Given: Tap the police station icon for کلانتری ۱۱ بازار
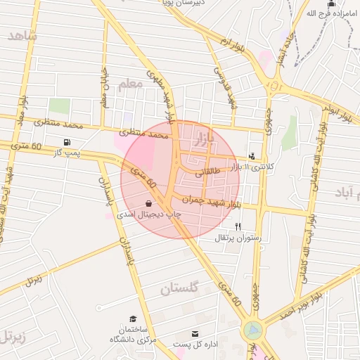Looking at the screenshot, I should [x=252, y=156].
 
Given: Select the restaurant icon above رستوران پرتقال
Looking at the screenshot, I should [x=238, y=226].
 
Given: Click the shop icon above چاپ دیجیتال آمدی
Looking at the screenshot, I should [x=148, y=202].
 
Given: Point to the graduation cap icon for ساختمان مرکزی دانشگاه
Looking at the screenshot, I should [x=133, y=319].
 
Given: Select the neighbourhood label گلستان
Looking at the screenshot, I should [x=180, y=288].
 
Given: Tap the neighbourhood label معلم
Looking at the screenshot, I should [x=130, y=84].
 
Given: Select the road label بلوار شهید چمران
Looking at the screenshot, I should [x=207, y=200].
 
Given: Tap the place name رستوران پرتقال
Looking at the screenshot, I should [x=238, y=238].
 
